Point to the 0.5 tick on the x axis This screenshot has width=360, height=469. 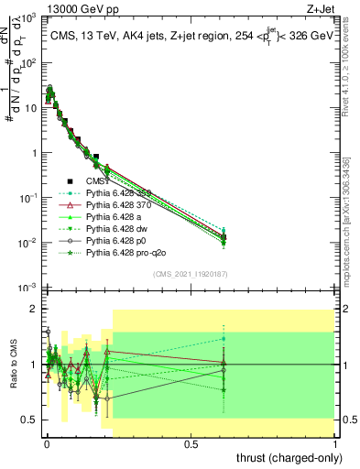point(191,443)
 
